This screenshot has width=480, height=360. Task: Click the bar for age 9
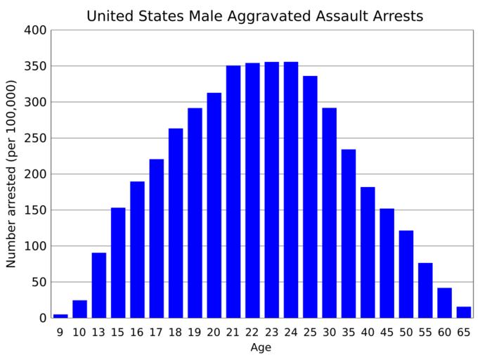click(x=60, y=316)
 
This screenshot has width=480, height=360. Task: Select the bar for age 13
click(x=99, y=285)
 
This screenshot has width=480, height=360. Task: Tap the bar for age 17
click(x=157, y=238)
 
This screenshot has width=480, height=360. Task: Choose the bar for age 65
click(x=463, y=312)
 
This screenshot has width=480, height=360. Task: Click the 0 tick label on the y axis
click(x=44, y=318)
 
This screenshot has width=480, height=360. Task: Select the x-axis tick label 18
click(x=176, y=332)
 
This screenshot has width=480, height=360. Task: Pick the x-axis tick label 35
click(x=349, y=332)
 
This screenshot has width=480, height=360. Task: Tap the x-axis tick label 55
click(x=425, y=332)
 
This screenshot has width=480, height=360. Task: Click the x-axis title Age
click(x=261, y=347)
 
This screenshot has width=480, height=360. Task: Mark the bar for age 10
click(x=79, y=309)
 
